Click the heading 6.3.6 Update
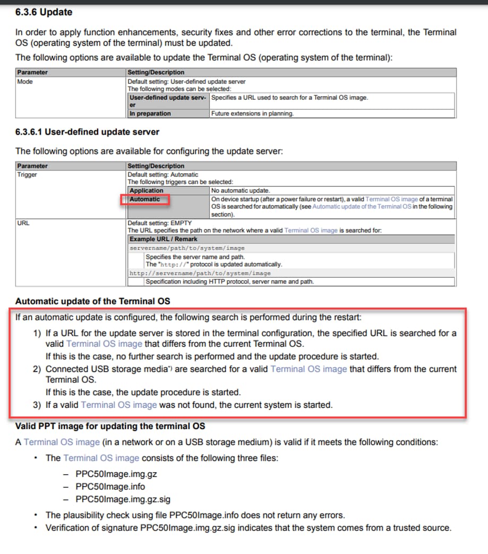(x=44, y=12)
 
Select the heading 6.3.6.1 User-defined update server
(x=87, y=132)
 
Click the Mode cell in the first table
(x=25, y=82)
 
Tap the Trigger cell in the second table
(x=27, y=174)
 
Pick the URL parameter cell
(x=23, y=223)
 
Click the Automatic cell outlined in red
(x=145, y=199)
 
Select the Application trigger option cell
(x=147, y=190)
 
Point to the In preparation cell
(x=150, y=113)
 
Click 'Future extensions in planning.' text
(x=252, y=113)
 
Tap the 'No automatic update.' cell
(x=241, y=190)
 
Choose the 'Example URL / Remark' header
(x=163, y=239)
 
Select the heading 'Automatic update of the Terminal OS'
(x=92, y=301)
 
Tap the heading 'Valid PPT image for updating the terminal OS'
(x=110, y=426)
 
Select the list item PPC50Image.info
(x=110, y=487)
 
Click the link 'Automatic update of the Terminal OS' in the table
(x=362, y=207)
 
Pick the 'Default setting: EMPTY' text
(x=159, y=223)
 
